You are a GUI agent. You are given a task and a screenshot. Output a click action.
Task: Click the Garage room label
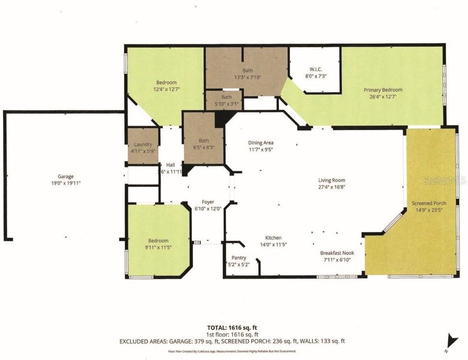click(x=65, y=176)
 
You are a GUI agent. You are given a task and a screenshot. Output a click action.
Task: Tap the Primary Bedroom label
click(x=383, y=90)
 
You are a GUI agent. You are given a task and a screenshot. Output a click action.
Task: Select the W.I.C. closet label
click(x=315, y=69)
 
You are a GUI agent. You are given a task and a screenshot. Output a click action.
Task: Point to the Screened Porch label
click(x=429, y=203)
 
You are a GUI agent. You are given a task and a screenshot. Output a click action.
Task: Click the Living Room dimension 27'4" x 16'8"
click(x=332, y=186)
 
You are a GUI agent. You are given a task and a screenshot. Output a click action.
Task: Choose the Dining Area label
click(x=261, y=143)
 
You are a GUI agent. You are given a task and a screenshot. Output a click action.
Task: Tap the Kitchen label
click(x=274, y=238)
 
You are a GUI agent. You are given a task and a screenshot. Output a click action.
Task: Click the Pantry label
click(x=239, y=258)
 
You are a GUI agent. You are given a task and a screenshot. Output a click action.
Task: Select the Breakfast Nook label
click(x=337, y=253)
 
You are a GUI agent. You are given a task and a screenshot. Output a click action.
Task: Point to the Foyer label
click(x=208, y=202)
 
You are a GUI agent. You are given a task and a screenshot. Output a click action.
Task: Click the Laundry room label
click(x=143, y=144)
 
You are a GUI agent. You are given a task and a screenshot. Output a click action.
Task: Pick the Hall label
click(x=170, y=165)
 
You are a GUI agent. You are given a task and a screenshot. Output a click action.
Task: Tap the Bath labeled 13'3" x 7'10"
click(x=247, y=70)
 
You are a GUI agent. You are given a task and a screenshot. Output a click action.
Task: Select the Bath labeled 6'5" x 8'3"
click(x=203, y=147)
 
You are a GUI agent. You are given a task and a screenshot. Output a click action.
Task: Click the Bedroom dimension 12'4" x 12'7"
click(x=166, y=89)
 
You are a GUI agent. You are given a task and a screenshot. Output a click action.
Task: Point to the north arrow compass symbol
click(x=452, y=340)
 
